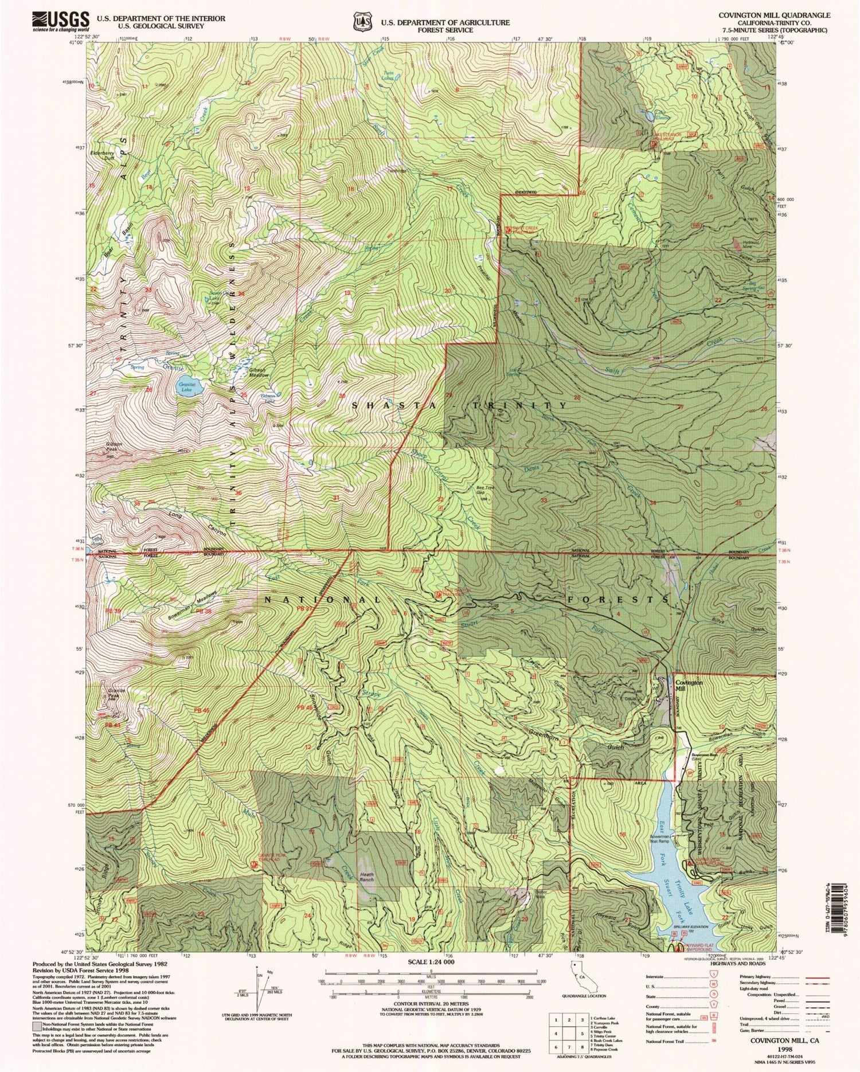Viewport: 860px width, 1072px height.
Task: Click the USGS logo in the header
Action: pos(61,21)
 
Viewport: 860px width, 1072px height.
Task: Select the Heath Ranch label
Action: pos(366,877)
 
